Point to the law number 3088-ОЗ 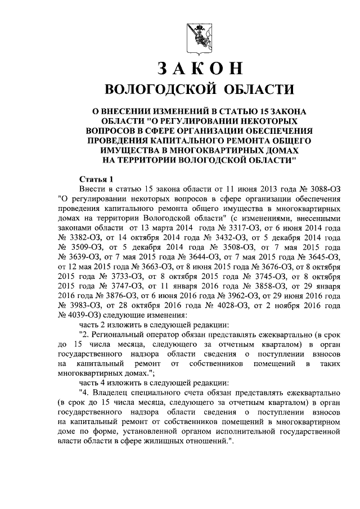point(317,188)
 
